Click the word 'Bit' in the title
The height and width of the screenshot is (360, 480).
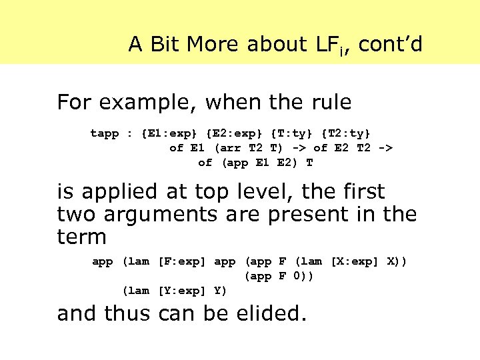(x=165, y=44)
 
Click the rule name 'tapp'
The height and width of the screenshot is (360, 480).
(x=105, y=133)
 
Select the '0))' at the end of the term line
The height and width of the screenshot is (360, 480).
(x=303, y=275)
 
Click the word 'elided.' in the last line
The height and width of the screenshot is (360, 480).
(x=270, y=313)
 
